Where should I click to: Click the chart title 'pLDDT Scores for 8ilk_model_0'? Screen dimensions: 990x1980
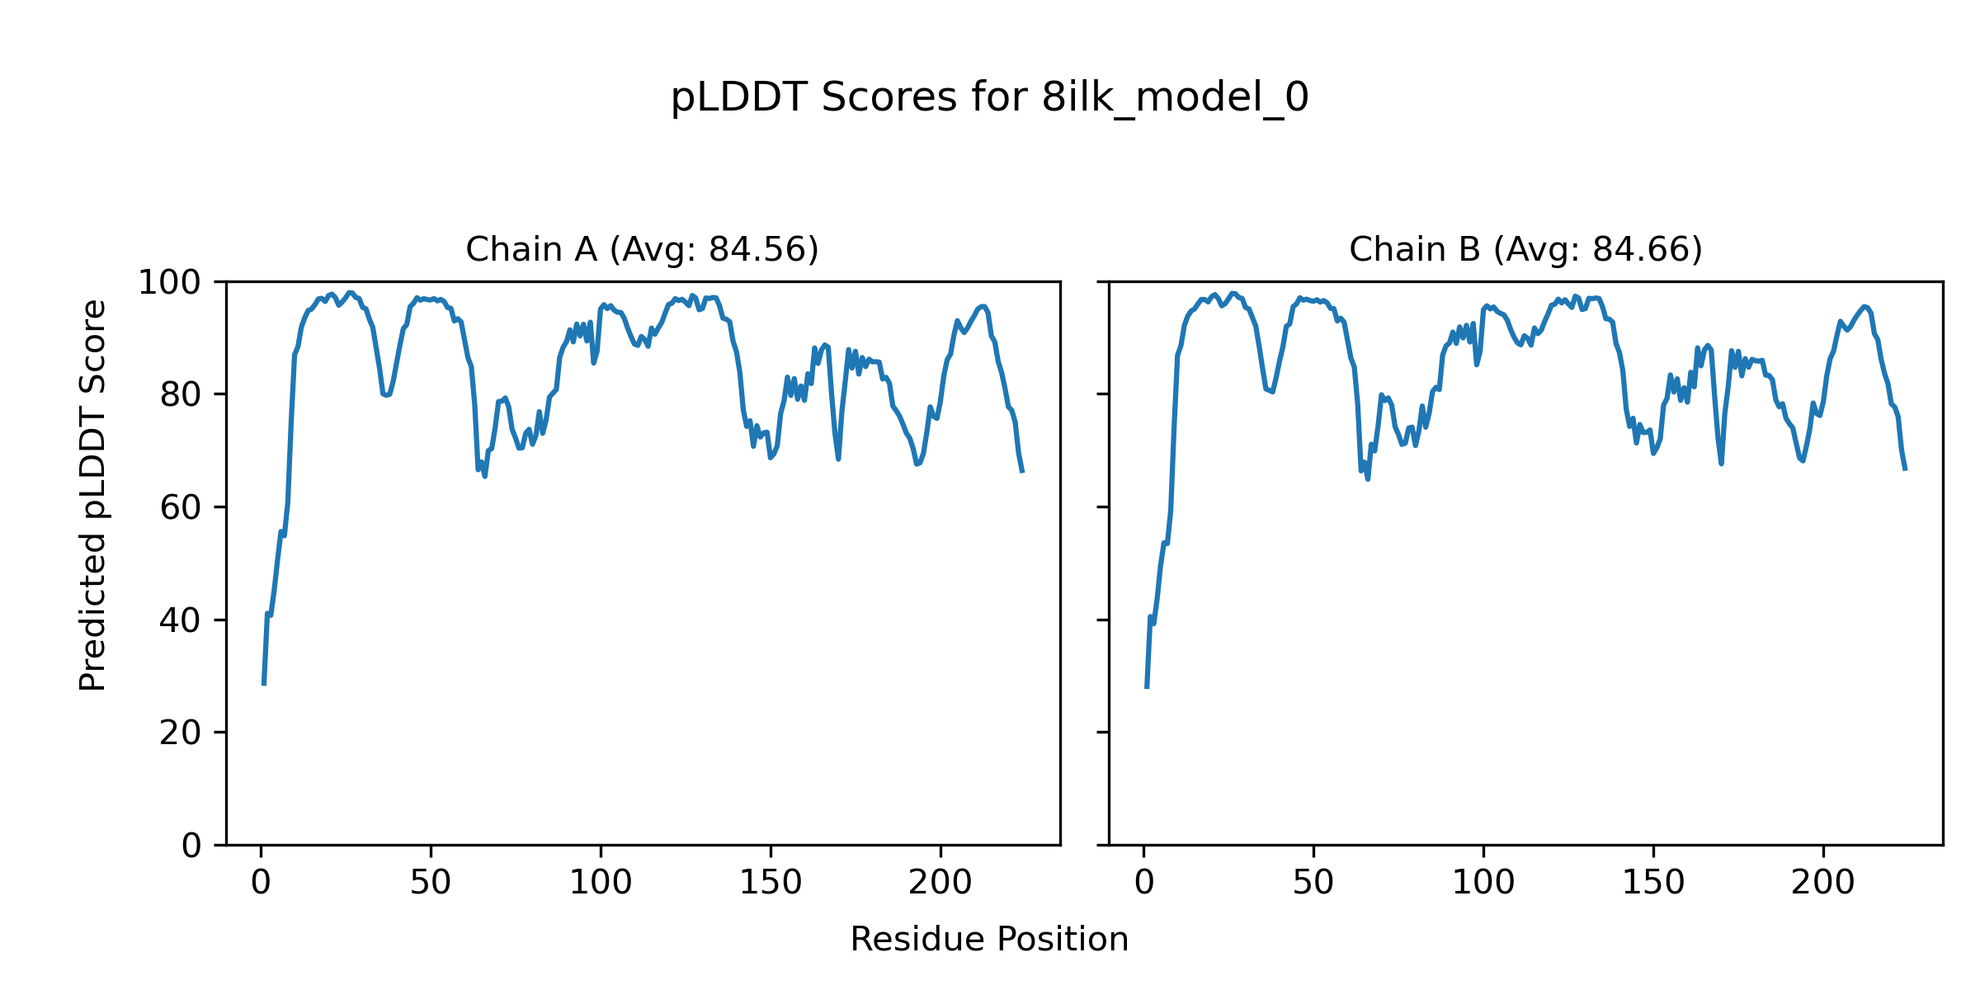click(989, 98)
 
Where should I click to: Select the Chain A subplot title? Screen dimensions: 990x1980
click(642, 249)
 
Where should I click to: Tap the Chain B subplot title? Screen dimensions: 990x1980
click(1525, 249)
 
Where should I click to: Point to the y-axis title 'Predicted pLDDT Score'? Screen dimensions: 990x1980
click(92, 495)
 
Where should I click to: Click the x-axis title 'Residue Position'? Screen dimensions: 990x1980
click(989, 940)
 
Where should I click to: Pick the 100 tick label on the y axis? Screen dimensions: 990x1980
click(169, 283)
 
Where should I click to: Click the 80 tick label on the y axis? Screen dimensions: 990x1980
click(180, 395)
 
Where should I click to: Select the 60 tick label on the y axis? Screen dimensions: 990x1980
click(180, 508)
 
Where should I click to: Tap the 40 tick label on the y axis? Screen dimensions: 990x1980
click(180, 620)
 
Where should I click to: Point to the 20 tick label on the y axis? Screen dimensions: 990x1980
click(180, 733)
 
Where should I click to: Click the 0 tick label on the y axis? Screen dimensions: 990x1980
click(191, 846)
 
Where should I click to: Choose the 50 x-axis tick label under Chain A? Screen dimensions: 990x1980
click(431, 884)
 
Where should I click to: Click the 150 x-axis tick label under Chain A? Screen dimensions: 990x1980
click(771, 884)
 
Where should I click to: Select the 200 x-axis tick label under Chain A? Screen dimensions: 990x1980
click(940, 884)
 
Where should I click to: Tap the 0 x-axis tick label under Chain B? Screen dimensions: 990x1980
click(1144, 884)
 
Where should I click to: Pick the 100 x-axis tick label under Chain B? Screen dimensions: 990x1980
click(1483, 884)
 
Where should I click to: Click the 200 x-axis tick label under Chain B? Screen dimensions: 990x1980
click(1823, 884)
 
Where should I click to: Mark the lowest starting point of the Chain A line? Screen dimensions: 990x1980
click(264, 684)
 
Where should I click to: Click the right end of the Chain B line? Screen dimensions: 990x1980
click(1905, 469)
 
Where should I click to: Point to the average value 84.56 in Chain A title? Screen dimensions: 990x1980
click(759, 249)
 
